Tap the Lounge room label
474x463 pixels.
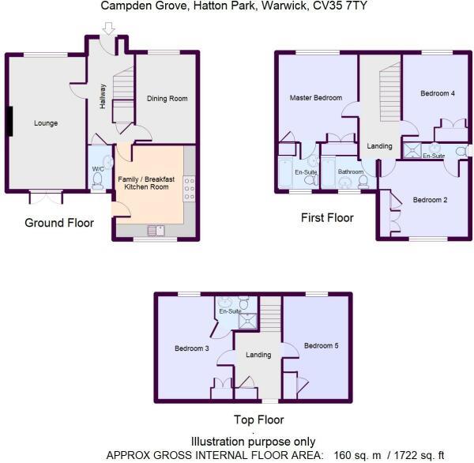(46, 123)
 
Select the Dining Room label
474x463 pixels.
(167, 99)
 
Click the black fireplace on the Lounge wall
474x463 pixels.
(9, 122)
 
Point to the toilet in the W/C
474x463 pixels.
(98, 180)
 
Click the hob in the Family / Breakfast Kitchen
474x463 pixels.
(189, 186)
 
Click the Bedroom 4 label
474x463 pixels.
(437, 94)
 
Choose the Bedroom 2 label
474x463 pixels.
(430, 200)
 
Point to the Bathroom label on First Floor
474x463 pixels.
(350, 171)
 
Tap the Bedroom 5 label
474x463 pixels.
(321, 345)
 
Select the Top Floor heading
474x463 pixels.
(258, 420)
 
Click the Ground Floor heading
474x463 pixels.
(59, 223)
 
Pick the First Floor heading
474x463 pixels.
(327, 217)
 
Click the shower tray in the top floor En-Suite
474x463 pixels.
(247, 319)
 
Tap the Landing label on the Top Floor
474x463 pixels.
(258, 355)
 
